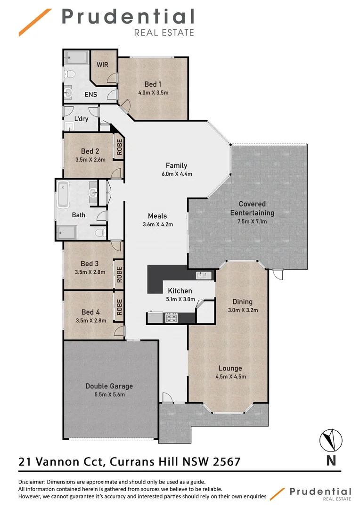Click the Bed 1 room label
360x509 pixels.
point(150,84)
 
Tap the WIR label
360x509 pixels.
point(102,65)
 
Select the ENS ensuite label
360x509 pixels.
point(90,94)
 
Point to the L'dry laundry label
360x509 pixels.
point(82,119)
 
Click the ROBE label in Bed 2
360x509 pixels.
point(119,147)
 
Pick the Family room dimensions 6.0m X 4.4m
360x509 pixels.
point(176,174)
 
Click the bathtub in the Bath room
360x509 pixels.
point(64,194)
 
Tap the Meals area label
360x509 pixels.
point(157,216)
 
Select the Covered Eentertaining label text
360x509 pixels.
point(252,208)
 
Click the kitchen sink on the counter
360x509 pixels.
point(204,275)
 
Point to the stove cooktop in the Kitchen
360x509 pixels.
point(170,318)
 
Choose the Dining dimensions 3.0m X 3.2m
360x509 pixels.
point(242,310)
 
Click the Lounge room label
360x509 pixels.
point(230,368)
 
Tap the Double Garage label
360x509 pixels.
point(109,386)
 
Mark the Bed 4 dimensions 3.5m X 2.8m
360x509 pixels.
point(90,320)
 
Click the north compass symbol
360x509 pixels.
point(331,440)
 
